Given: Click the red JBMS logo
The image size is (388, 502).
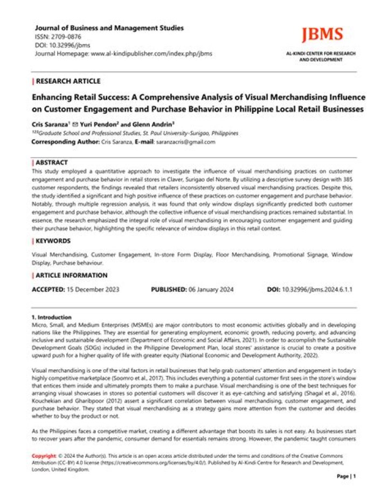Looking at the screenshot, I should (x=322, y=35).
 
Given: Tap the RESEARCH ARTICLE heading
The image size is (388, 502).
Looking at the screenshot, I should (x=68, y=81).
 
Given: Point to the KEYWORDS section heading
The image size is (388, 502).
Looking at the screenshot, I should (x=53, y=241).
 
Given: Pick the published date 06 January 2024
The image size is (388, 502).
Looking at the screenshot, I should (x=211, y=290).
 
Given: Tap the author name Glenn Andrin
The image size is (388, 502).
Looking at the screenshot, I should (x=164, y=123).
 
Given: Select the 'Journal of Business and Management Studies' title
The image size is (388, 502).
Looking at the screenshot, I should (x=109, y=27).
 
